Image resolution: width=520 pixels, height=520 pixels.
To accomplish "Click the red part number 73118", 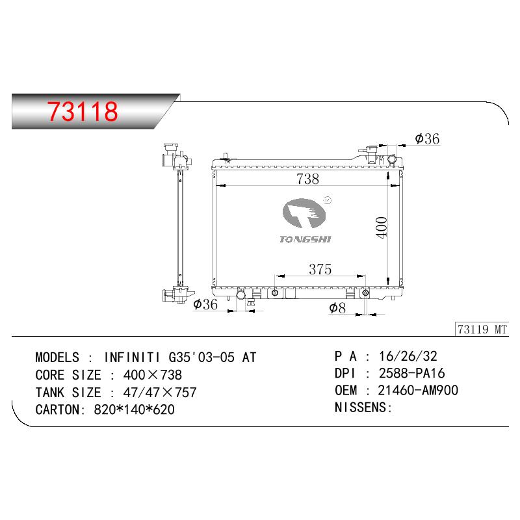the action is click(83, 111).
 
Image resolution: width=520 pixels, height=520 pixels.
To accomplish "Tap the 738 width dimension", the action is click(307, 179).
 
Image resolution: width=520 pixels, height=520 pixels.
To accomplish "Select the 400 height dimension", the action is click(382, 227).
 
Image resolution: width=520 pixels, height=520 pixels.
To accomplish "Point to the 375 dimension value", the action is click(320, 269).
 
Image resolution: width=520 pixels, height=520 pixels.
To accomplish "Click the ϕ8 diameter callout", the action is click(337, 307).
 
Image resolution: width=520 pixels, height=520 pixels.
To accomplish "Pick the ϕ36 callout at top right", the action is click(427, 138).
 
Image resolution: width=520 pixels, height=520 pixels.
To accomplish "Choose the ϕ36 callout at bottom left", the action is click(205, 304).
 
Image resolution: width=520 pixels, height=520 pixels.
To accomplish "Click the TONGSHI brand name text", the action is click(305, 239).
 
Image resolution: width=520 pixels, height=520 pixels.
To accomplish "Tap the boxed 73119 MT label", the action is click(482, 330).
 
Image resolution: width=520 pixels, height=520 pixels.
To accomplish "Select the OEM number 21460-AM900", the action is click(418, 391).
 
